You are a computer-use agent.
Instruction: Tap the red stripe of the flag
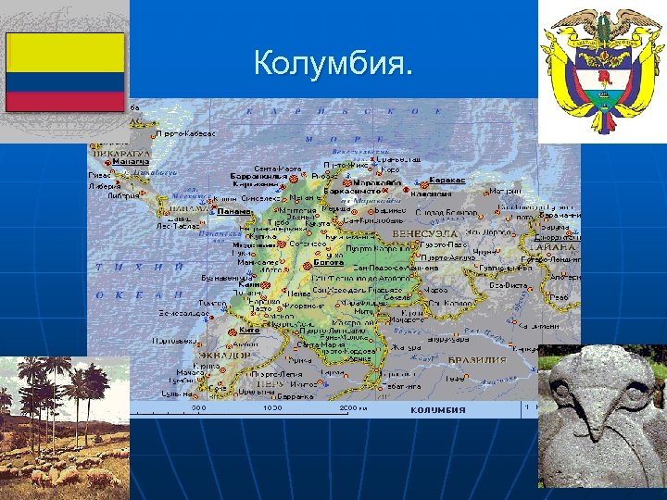point(65,101)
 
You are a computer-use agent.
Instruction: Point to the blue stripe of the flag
point(65,81)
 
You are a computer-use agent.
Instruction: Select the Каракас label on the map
point(447,180)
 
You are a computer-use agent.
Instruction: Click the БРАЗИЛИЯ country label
point(477,360)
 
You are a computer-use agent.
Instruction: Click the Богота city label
point(328,262)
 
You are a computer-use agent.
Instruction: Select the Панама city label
point(233,211)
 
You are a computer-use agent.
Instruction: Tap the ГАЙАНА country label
point(562,248)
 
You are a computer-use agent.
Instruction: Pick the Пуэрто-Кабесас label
point(184,133)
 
